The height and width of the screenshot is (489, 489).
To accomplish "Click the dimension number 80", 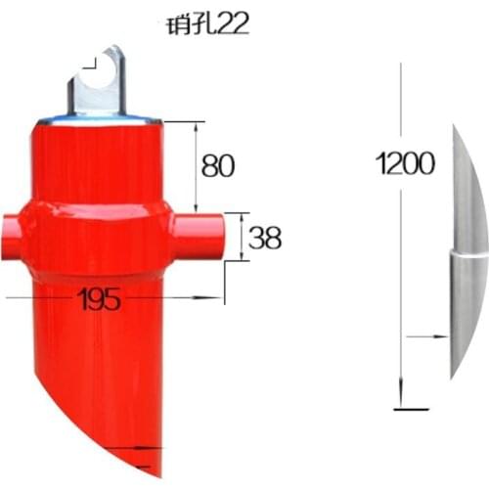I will (217, 165).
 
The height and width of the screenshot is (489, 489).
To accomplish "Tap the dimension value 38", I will (265, 237).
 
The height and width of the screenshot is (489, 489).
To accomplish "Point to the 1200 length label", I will (405, 163).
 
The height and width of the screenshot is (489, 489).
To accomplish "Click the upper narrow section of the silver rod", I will (467, 191).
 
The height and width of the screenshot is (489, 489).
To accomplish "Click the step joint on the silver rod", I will (465, 252).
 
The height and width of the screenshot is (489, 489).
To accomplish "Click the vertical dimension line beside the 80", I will (198, 166).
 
